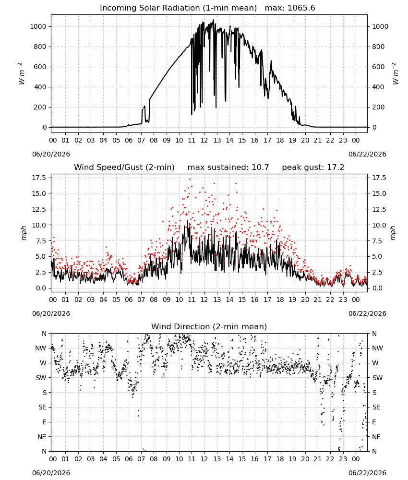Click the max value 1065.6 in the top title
coord(301,8)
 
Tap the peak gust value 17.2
coord(335,168)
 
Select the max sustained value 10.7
coord(260,168)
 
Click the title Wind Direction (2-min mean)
coord(209,326)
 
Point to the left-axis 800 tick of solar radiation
coord(40,47)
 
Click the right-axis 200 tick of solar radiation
coord(378,107)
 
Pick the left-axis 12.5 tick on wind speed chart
coord(39,209)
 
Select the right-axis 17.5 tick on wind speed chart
coord(379,178)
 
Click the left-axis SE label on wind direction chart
coord(42,407)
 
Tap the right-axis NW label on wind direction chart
coord(377,348)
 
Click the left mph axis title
coord(24,233)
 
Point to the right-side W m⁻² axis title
coord(395,74)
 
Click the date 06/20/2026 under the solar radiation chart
coord(51,154)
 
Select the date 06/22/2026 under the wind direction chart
coord(367,473)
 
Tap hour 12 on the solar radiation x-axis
coord(204,140)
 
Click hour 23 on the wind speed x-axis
coord(343,300)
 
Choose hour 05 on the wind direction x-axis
coord(116,459)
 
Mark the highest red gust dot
coord(190,180)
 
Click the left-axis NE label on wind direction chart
coord(42,437)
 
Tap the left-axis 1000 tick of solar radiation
coord(38,26)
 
